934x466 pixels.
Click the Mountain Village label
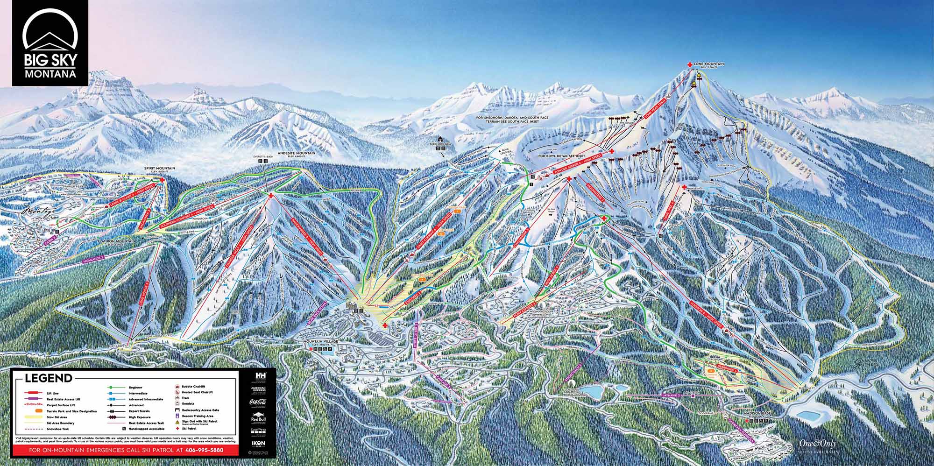320,342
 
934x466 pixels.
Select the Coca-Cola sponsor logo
258,402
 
